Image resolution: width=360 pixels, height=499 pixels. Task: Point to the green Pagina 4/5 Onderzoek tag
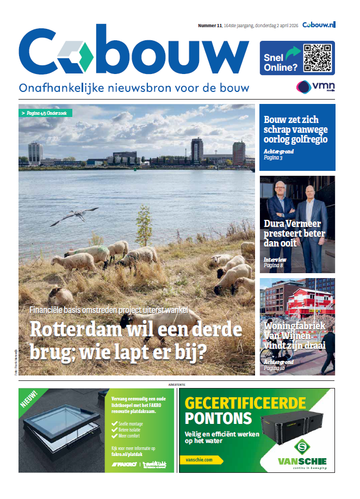(x=46, y=113)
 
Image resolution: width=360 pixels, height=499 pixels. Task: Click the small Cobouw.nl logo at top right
(x=319, y=24)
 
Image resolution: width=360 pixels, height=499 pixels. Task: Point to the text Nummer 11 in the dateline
(x=210, y=25)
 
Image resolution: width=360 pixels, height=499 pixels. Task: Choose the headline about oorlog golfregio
(x=296, y=130)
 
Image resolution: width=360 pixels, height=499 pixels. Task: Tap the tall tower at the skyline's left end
(x=35, y=153)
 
